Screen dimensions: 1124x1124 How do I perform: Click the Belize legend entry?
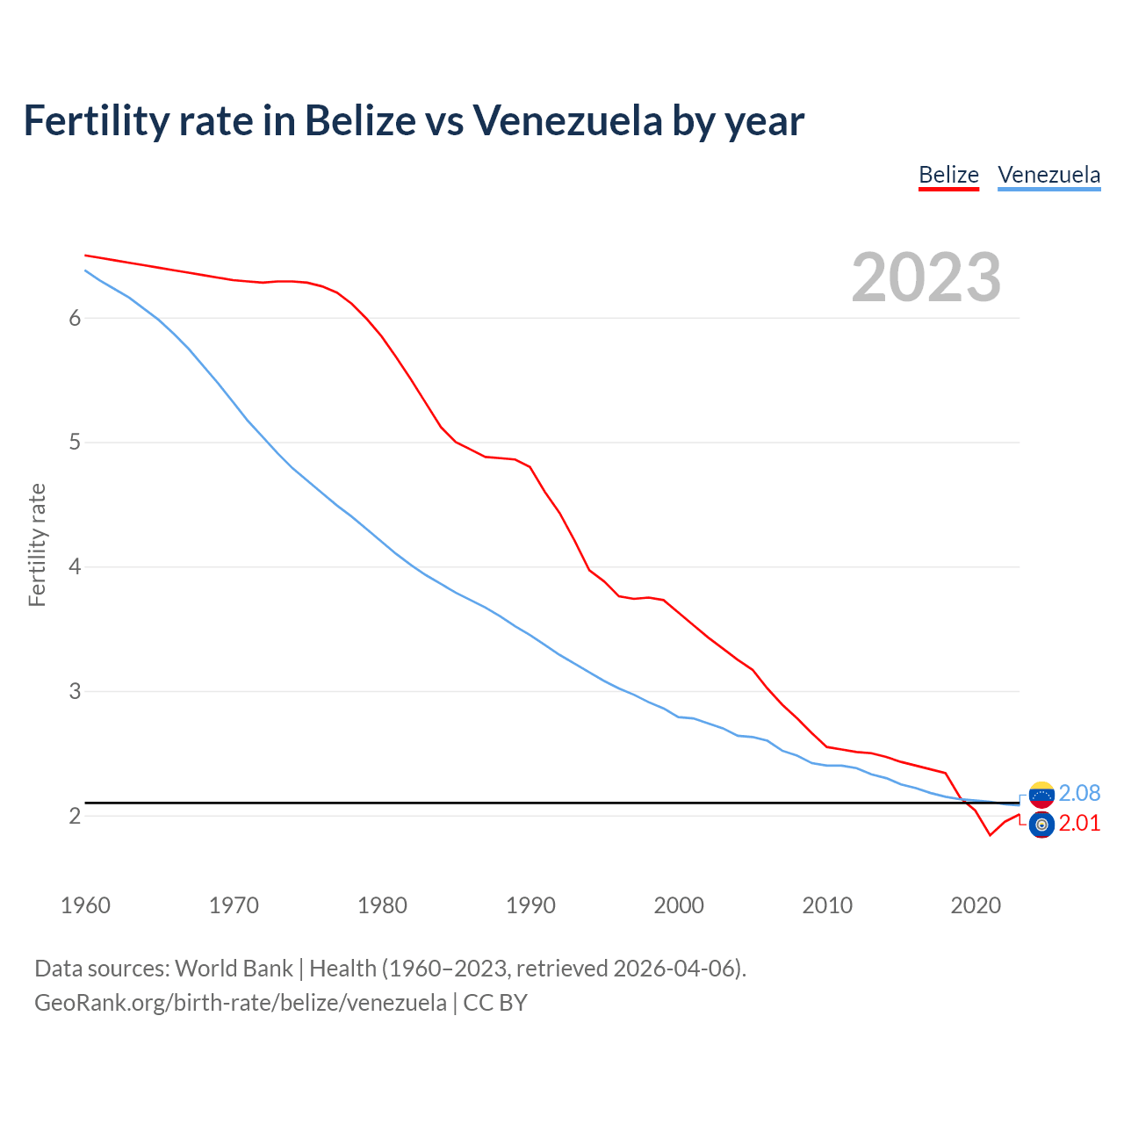coord(948,175)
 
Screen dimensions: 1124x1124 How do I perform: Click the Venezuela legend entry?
coord(1048,175)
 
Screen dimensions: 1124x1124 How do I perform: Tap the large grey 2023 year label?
coord(926,277)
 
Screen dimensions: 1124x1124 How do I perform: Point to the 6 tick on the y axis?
coord(75,318)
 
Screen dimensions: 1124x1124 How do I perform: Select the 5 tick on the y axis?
coord(75,443)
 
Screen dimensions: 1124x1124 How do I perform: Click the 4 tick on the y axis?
coord(75,567)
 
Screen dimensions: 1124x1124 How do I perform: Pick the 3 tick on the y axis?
coord(75,691)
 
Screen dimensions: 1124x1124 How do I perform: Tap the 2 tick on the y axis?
coord(75,816)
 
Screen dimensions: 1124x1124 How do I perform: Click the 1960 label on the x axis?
coord(85,905)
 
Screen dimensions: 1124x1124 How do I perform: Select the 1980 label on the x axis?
coord(382,905)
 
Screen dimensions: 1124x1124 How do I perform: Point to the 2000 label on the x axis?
coord(679,905)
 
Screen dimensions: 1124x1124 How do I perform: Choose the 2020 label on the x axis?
coord(976,905)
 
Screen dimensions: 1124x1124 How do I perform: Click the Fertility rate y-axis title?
coord(37,544)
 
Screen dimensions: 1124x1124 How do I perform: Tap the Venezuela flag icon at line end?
coord(1041,795)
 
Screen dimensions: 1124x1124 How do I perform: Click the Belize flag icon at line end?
coord(1041,825)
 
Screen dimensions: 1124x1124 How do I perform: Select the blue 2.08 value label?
coord(1079,793)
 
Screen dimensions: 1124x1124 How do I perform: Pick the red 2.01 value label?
coord(1079,824)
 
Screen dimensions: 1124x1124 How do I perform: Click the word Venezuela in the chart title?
coord(567,121)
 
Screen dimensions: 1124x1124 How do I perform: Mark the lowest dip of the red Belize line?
coord(990,835)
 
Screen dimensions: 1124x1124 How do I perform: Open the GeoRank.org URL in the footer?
coord(240,1003)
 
